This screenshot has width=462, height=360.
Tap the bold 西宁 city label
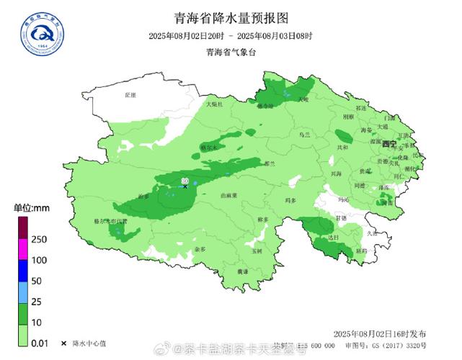pyautogui.click(x=389, y=144)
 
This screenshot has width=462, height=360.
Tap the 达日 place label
pyautogui.click(x=332, y=237)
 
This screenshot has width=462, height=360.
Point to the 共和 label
pyautogui.click(x=342, y=147)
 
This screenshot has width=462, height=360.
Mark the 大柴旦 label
pyautogui.click(x=215, y=104)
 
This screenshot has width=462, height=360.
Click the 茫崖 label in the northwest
pyautogui.click(x=130, y=94)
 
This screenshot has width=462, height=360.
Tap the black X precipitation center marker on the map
pyautogui.click(x=185, y=186)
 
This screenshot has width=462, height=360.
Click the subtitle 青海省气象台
pyautogui.click(x=231, y=51)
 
